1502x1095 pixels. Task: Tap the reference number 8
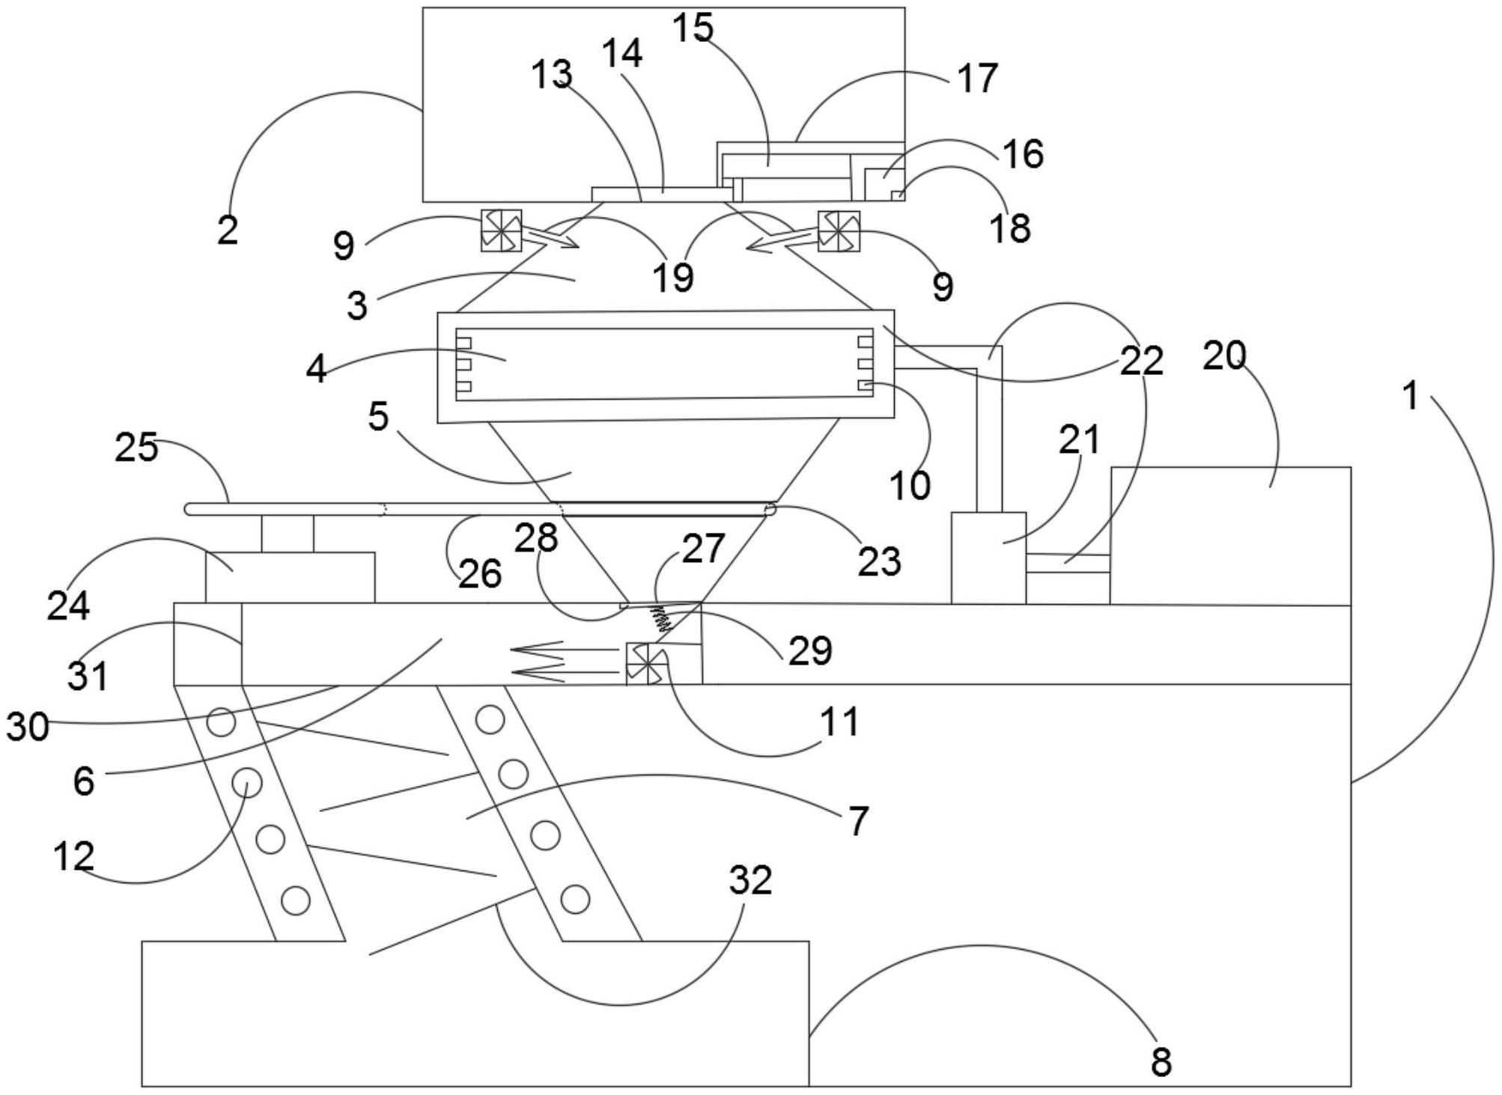point(1161,1061)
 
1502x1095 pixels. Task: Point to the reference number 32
point(750,881)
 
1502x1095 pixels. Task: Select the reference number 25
point(136,448)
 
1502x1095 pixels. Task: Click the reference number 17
point(978,79)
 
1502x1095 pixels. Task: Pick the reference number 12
point(73,856)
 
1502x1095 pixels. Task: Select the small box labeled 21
point(988,558)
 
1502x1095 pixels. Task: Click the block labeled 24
point(290,577)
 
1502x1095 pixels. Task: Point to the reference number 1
point(1411,395)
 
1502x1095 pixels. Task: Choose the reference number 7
point(858,820)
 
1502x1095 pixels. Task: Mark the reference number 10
point(910,485)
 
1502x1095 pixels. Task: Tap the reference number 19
point(673,277)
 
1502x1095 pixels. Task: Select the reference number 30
point(28,726)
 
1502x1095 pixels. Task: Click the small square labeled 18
point(897,196)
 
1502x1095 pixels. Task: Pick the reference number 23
point(879,561)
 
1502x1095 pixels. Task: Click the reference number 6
point(84,781)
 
